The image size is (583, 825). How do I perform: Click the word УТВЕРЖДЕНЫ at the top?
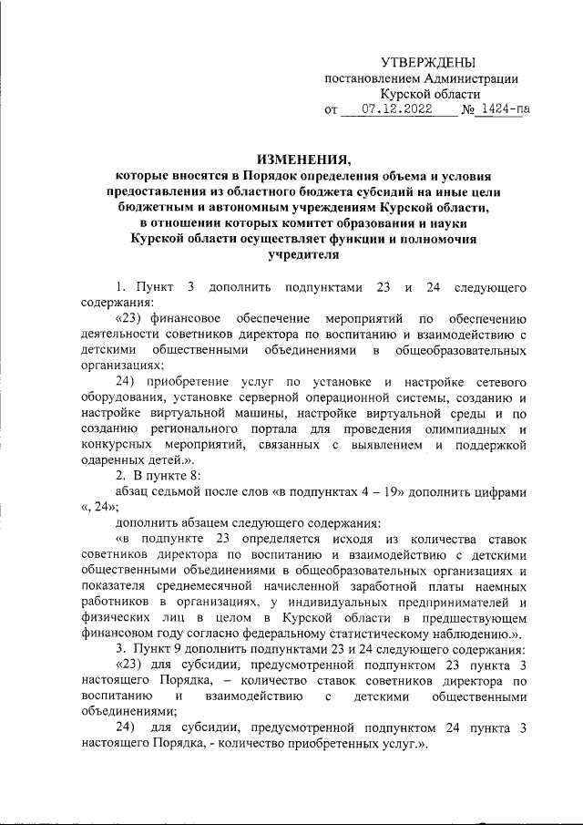click(427, 62)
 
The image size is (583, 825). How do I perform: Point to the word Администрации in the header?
click(466, 78)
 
